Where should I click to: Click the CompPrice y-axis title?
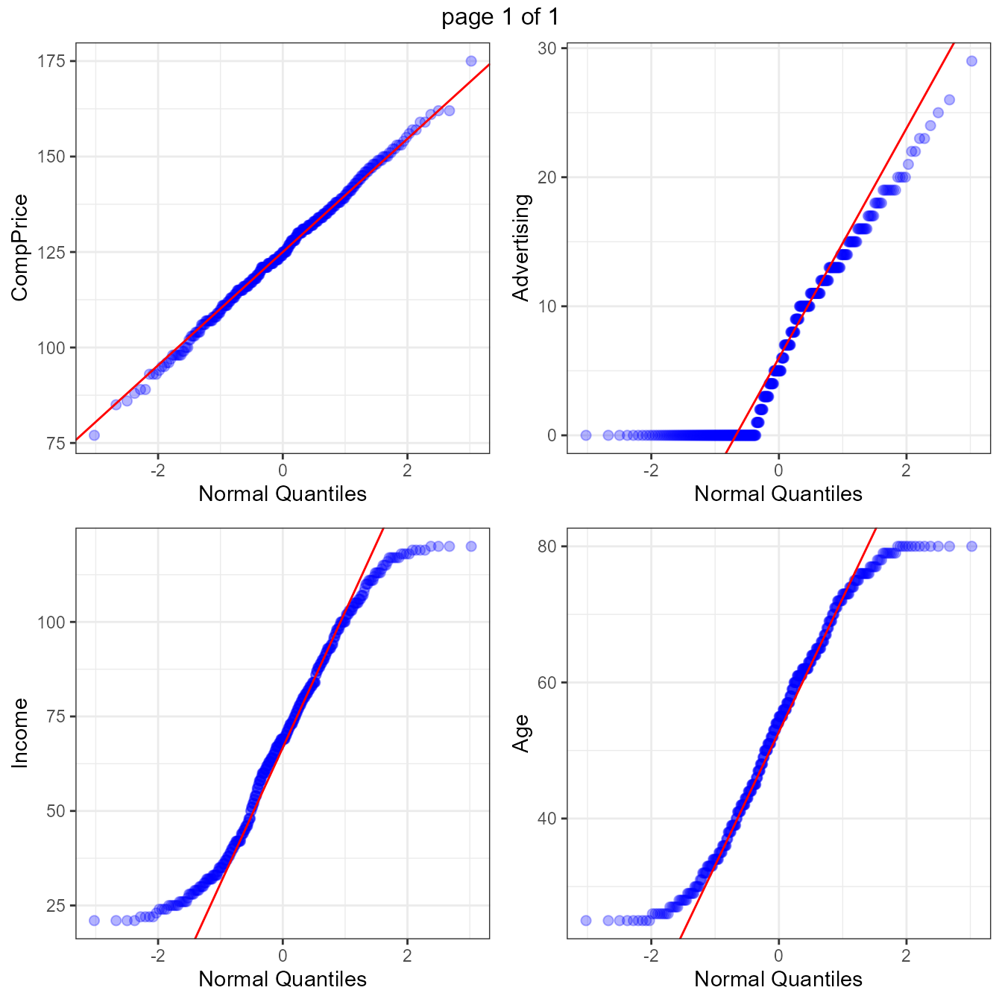coord(19,248)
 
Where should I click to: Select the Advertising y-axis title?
coord(521,248)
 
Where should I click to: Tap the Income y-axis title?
coord(19,733)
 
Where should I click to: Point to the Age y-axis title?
coord(521,733)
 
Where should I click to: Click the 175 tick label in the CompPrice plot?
coord(51,61)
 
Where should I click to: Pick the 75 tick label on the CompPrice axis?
coord(56,444)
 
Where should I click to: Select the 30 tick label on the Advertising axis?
coord(547,48)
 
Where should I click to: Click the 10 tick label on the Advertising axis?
coord(547,306)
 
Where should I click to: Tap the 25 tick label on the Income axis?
coord(56,906)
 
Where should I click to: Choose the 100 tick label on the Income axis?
coord(51,622)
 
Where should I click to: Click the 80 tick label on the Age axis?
coord(547,546)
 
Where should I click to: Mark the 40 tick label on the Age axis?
coord(547,819)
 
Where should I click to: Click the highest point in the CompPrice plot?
coord(471,61)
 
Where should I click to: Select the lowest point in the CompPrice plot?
coord(94,435)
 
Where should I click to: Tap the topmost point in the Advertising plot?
coord(971,61)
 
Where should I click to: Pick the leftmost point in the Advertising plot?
coord(586,435)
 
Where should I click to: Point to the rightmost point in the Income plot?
coord(471,546)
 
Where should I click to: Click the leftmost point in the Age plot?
coord(586,921)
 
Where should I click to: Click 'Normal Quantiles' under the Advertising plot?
coord(778,494)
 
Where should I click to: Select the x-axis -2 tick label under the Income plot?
coord(157,955)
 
